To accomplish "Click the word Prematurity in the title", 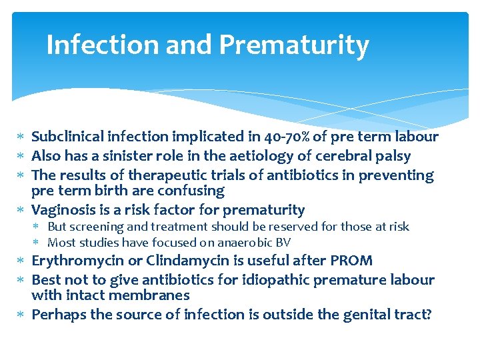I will pos(293,45).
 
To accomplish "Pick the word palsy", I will pos(391,156).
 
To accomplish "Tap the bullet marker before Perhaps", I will pos(21,315).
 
